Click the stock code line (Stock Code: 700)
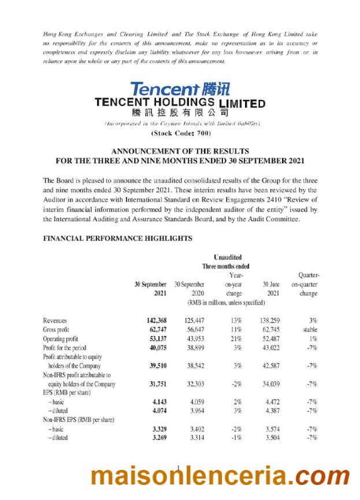pos(180,134)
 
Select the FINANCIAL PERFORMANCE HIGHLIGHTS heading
pos(118,238)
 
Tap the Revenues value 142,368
pos(154,320)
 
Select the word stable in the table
pos(309,329)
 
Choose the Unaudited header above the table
pos(228,257)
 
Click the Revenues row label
pos(55,320)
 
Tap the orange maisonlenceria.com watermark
pos(220,476)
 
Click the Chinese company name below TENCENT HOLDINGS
pos(180,113)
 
